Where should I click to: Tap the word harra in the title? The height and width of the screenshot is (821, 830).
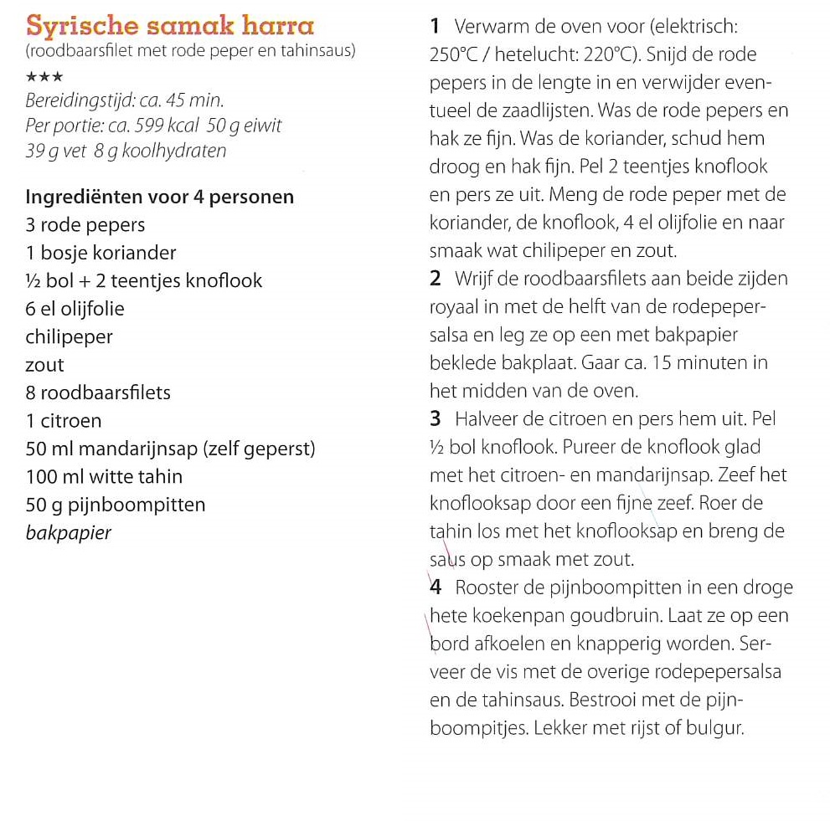click(x=276, y=25)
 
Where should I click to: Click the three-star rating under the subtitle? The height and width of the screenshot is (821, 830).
click(x=44, y=76)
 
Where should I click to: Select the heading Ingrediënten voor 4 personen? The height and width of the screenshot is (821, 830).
click(x=160, y=198)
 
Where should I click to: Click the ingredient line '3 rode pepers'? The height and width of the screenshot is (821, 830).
click(x=85, y=225)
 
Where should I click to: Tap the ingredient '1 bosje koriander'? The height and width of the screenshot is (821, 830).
click(x=101, y=253)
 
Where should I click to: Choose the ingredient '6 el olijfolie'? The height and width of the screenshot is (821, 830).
click(x=75, y=309)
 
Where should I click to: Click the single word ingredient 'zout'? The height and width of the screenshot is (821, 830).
click(x=45, y=365)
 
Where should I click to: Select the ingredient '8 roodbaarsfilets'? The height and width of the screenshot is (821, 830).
click(x=99, y=393)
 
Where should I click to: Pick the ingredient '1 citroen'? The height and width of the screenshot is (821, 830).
click(x=64, y=421)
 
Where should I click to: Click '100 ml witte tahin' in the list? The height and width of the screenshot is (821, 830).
click(x=105, y=477)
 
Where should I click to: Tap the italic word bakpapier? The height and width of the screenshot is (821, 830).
click(x=69, y=533)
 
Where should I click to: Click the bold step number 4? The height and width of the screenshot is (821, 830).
click(x=436, y=588)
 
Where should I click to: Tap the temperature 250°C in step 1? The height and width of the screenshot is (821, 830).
click(x=453, y=55)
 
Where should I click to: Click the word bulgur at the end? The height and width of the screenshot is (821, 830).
click(x=717, y=728)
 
